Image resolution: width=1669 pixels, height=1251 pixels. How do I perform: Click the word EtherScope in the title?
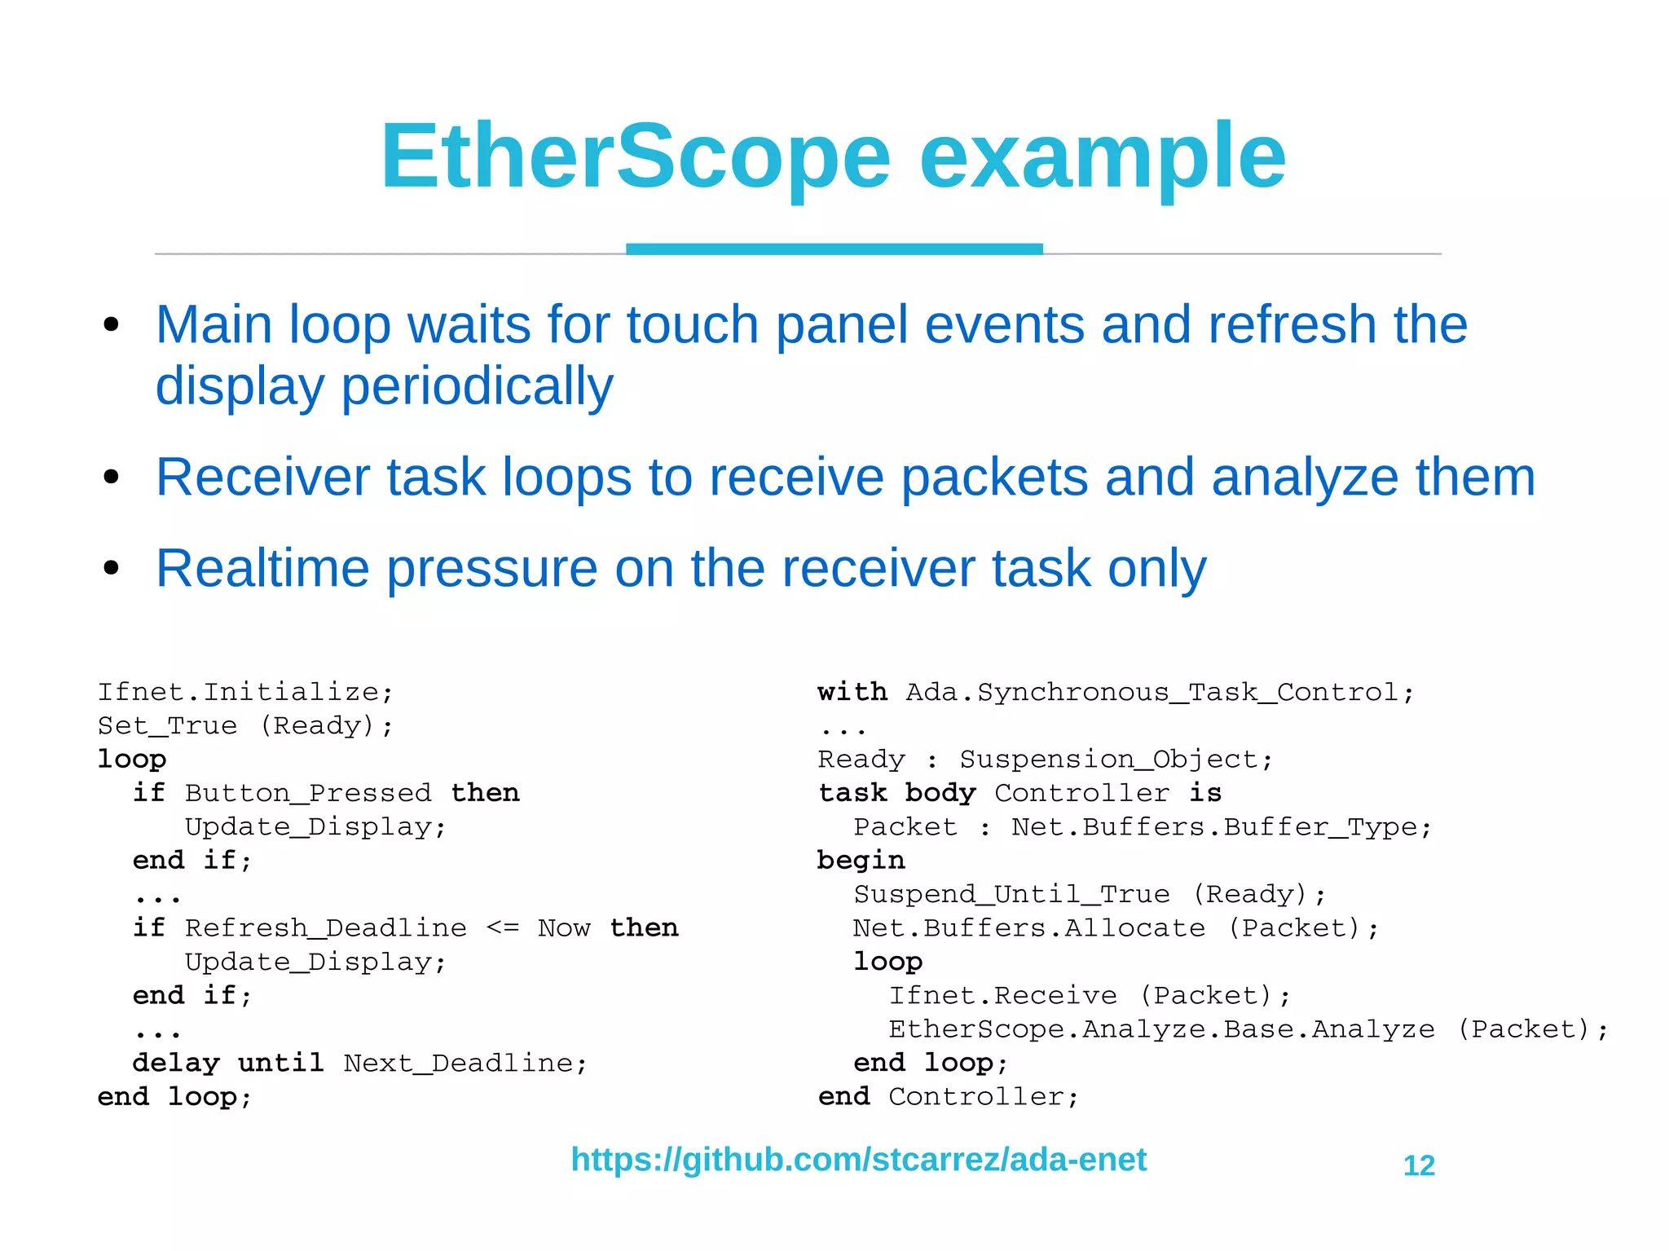point(636,156)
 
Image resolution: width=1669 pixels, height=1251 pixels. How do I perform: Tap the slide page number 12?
point(1419,1165)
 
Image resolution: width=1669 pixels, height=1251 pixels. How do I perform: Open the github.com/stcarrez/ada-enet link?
point(858,1160)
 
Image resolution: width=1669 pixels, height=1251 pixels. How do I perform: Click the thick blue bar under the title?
point(834,249)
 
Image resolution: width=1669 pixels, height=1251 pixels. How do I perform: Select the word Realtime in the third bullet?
point(262,568)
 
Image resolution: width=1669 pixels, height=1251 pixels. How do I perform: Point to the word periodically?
point(477,385)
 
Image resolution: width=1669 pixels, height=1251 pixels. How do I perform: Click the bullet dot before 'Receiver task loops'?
point(112,478)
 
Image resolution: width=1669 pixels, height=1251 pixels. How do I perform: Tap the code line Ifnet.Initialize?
point(245,692)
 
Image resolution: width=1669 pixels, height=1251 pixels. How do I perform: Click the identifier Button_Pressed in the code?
point(308,793)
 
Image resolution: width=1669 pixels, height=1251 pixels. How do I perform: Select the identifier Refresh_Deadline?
point(326,928)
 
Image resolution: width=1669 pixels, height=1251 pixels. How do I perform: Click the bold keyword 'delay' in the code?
point(176,1064)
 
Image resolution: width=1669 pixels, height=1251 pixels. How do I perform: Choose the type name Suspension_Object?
point(1116,760)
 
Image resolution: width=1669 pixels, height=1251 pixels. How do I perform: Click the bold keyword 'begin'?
point(861,861)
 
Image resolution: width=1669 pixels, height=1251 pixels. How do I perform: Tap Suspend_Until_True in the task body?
point(1011,895)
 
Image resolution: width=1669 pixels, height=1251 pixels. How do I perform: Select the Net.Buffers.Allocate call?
point(1028,928)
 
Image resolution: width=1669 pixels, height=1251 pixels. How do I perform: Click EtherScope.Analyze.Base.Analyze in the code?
point(1161,1029)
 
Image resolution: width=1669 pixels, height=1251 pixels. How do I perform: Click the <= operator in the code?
point(502,928)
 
